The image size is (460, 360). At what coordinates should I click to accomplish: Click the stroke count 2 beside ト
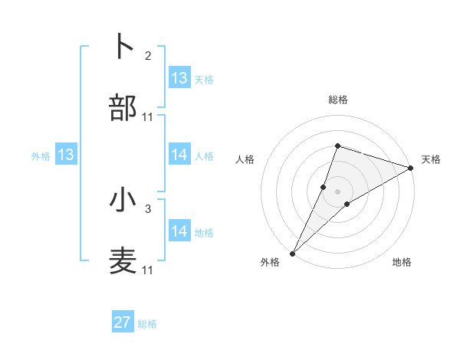[148, 56]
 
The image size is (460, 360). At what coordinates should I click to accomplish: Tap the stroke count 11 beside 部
[148, 117]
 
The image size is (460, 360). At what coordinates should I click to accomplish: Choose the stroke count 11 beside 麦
[148, 270]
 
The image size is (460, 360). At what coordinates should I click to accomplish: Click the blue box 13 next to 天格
[179, 78]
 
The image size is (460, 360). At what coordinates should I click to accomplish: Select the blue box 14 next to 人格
[179, 155]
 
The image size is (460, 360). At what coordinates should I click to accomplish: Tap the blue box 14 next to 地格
[179, 231]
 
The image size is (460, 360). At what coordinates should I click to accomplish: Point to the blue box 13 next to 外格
[66, 155]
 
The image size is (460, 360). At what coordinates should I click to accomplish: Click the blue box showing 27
[123, 322]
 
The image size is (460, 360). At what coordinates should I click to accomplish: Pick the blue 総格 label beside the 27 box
[147, 324]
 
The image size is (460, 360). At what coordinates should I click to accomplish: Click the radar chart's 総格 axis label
[338, 100]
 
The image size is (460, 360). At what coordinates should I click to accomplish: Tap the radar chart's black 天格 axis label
[431, 159]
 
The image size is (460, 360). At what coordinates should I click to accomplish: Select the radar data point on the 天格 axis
[411, 168]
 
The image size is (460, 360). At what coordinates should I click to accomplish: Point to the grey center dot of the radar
[338, 191]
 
